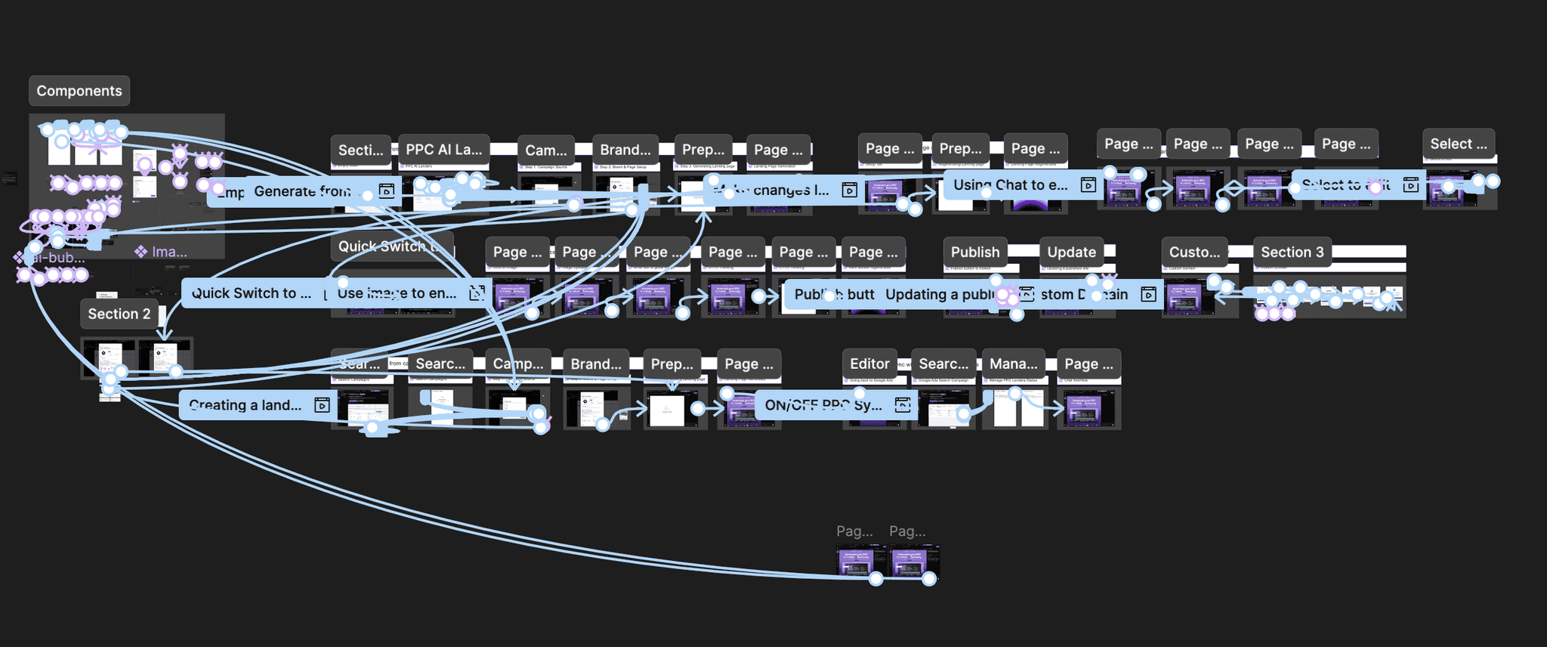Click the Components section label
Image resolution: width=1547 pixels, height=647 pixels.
[79, 91]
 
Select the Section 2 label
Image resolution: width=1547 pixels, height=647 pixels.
[119, 314]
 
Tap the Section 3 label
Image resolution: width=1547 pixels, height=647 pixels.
[1292, 252]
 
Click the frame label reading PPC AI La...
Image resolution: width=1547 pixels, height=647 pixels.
[443, 150]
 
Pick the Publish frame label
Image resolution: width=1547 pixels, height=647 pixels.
[974, 252]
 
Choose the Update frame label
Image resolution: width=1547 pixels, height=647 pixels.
[1071, 252]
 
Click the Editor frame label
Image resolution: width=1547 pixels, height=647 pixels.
[869, 364]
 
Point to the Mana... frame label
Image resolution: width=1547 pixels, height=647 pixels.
[1013, 364]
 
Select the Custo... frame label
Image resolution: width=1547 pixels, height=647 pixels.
[1194, 252]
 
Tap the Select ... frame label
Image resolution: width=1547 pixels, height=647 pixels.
[1458, 144]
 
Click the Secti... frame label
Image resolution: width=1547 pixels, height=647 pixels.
[360, 150]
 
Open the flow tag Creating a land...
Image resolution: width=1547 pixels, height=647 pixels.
[245, 405]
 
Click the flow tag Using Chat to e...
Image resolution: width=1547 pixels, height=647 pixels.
[1010, 184]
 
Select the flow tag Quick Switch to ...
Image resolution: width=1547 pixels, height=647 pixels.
[251, 293]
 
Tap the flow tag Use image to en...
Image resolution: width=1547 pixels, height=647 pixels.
[397, 293]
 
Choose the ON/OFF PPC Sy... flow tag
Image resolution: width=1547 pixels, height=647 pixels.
[823, 405]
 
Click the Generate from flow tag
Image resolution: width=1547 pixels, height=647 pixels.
[302, 191]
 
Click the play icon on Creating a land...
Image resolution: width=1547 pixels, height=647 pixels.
[322, 405]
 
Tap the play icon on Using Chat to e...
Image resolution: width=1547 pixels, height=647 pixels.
[1088, 184]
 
